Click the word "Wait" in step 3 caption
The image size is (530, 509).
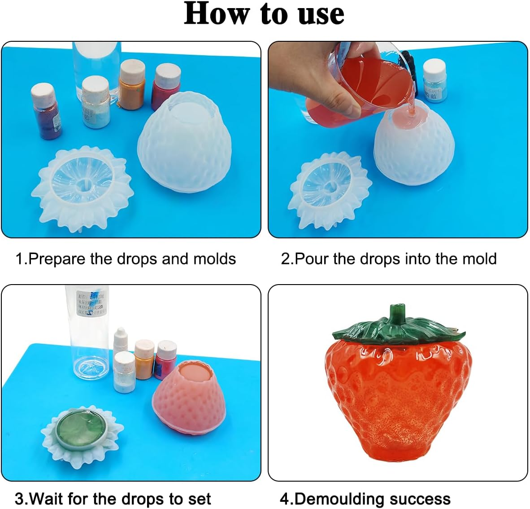click(x=47, y=499)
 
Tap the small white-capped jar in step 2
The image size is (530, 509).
click(x=434, y=81)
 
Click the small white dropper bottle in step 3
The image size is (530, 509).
click(x=121, y=341)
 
